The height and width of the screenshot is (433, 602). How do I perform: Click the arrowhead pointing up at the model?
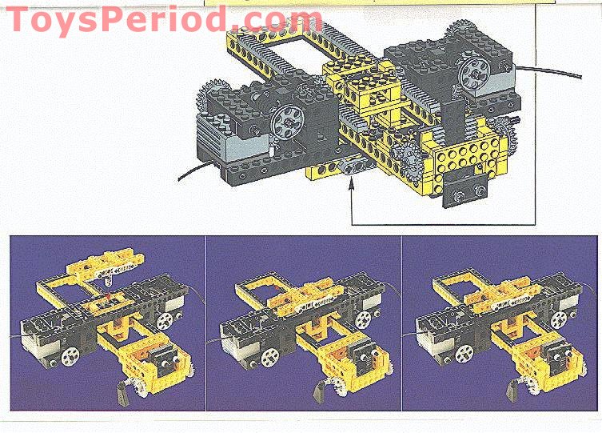coord(353,186)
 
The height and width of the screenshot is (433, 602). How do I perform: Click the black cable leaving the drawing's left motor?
coord(196,170)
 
